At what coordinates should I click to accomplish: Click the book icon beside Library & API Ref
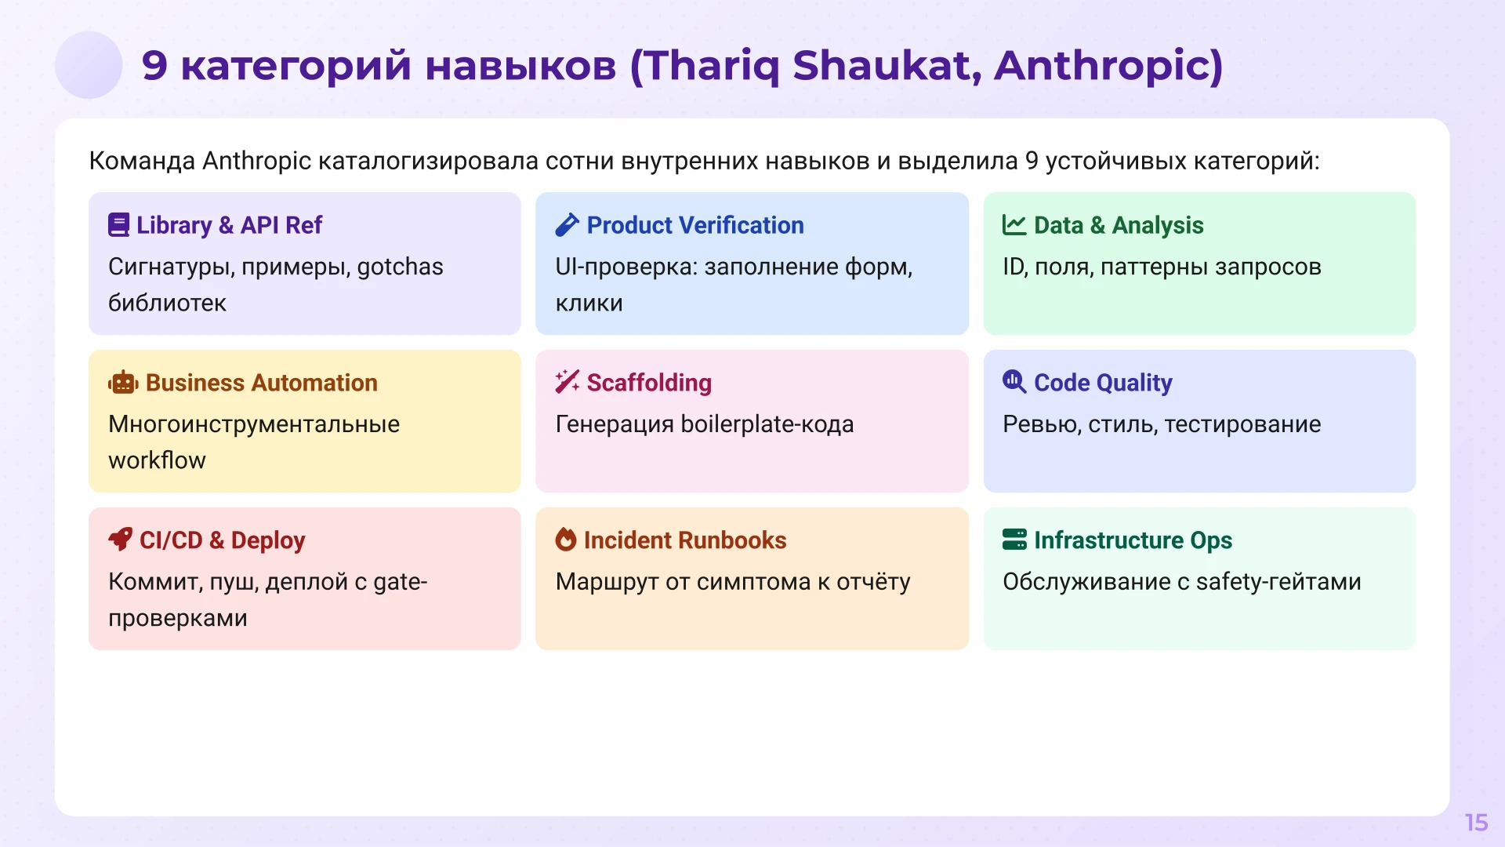118,225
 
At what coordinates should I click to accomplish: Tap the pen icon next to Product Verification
567,225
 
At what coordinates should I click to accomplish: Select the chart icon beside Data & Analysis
1014,225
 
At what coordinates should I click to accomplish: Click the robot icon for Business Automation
123,383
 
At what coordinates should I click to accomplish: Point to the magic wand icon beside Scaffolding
567,382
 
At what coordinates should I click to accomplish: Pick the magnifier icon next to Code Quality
1014,382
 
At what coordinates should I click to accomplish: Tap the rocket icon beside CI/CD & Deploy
120,540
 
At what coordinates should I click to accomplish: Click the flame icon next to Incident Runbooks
565,540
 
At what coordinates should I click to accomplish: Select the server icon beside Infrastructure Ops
1014,540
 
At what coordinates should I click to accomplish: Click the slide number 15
1476,823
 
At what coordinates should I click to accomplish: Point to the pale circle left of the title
89,65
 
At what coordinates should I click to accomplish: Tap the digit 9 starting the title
154,65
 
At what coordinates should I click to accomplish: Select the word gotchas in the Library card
400,267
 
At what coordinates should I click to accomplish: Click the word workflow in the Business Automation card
157,460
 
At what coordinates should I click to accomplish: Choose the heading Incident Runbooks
684,540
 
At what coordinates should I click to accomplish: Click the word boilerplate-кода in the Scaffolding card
767,424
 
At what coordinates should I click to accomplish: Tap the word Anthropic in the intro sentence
256,161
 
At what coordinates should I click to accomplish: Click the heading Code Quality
1102,383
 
